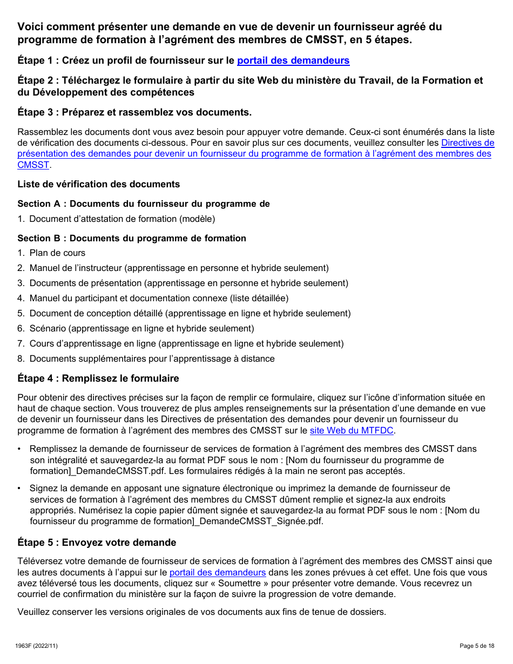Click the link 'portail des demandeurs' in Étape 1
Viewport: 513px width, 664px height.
(293, 60)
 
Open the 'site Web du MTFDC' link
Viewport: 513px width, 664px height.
(352, 430)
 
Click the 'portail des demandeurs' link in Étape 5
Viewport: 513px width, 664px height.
(218, 572)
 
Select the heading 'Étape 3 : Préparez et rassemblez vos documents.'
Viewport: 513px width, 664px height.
(134, 112)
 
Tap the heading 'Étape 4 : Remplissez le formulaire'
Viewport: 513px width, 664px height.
(98, 378)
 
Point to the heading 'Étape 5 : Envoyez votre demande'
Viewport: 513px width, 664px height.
(97, 543)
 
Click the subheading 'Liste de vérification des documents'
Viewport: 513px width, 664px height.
(99, 184)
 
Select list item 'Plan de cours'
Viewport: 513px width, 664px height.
(57, 253)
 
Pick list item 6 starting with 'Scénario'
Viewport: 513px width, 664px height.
(141, 328)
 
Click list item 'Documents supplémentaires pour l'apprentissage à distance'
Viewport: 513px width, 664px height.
(152, 358)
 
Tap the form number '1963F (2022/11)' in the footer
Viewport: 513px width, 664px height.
(38, 646)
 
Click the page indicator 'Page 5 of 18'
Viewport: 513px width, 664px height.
(477, 646)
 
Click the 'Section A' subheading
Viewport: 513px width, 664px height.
(144, 204)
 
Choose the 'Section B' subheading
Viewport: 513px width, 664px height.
(132, 238)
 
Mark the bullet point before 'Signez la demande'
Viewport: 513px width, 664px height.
(20, 489)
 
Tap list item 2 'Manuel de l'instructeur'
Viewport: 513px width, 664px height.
(179, 268)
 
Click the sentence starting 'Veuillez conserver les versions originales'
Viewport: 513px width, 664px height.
(201, 612)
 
